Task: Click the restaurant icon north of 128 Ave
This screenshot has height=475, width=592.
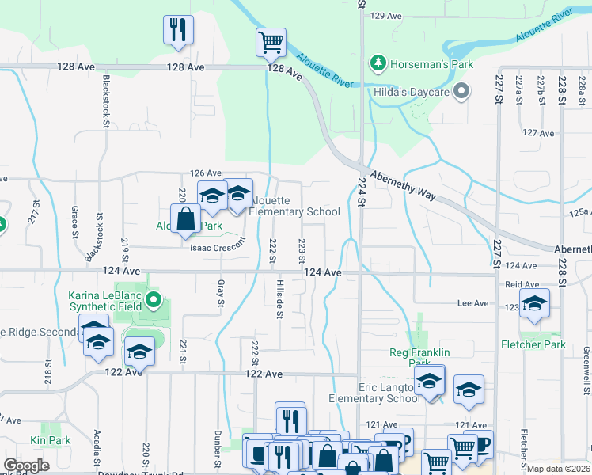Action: pyautogui.click(x=178, y=30)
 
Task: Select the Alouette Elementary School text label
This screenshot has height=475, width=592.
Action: pyautogui.click(x=294, y=206)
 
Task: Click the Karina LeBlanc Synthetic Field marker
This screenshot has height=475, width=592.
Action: pyautogui.click(x=155, y=300)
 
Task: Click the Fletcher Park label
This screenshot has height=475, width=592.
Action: pyautogui.click(x=533, y=344)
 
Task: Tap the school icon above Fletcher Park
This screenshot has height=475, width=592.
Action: pyautogui.click(x=534, y=304)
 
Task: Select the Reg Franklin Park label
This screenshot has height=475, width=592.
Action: pyautogui.click(x=419, y=358)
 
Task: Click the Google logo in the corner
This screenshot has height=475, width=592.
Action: pyautogui.click(x=26, y=465)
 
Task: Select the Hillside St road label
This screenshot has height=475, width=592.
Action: pyautogui.click(x=280, y=298)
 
